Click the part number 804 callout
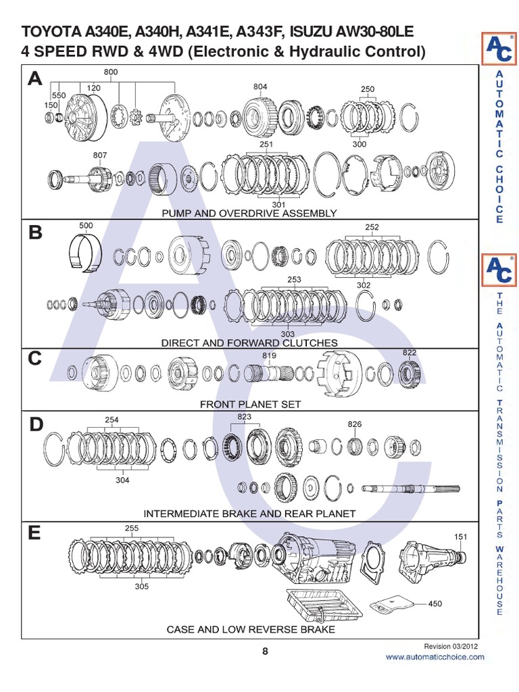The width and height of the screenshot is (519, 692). pos(260,87)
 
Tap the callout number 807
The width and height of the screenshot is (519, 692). pos(99,155)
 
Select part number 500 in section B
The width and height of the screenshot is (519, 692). pos(86,225)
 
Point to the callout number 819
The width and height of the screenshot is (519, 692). pos(270,355)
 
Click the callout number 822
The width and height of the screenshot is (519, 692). pos(410,353)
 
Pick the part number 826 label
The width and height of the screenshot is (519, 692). pos(355,424)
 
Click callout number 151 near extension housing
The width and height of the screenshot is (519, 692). pos(460,537)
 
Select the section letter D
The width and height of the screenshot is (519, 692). pos(36,425)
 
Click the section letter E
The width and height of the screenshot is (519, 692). pos(34,535)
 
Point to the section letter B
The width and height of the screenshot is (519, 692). pos(35,233)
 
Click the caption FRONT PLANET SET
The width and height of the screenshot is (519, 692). pos(250,404)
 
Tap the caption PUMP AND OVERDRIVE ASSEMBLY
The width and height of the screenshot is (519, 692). pos(249,213)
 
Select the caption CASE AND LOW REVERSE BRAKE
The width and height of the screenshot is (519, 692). pos(251,629)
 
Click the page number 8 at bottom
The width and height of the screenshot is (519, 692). pos(265,651)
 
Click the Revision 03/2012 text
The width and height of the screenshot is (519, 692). pos(451,646)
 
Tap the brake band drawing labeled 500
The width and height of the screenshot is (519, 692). pos(86,252)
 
